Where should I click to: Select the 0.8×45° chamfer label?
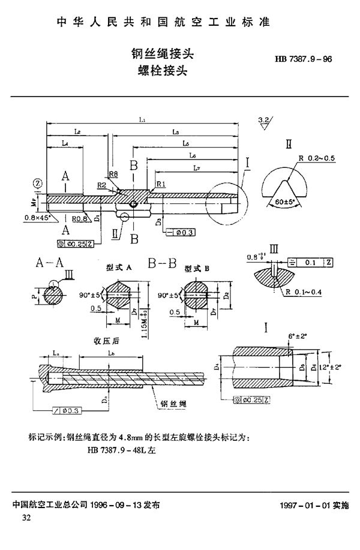(x=38, y=217)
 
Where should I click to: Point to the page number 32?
(x=26, y=517)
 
